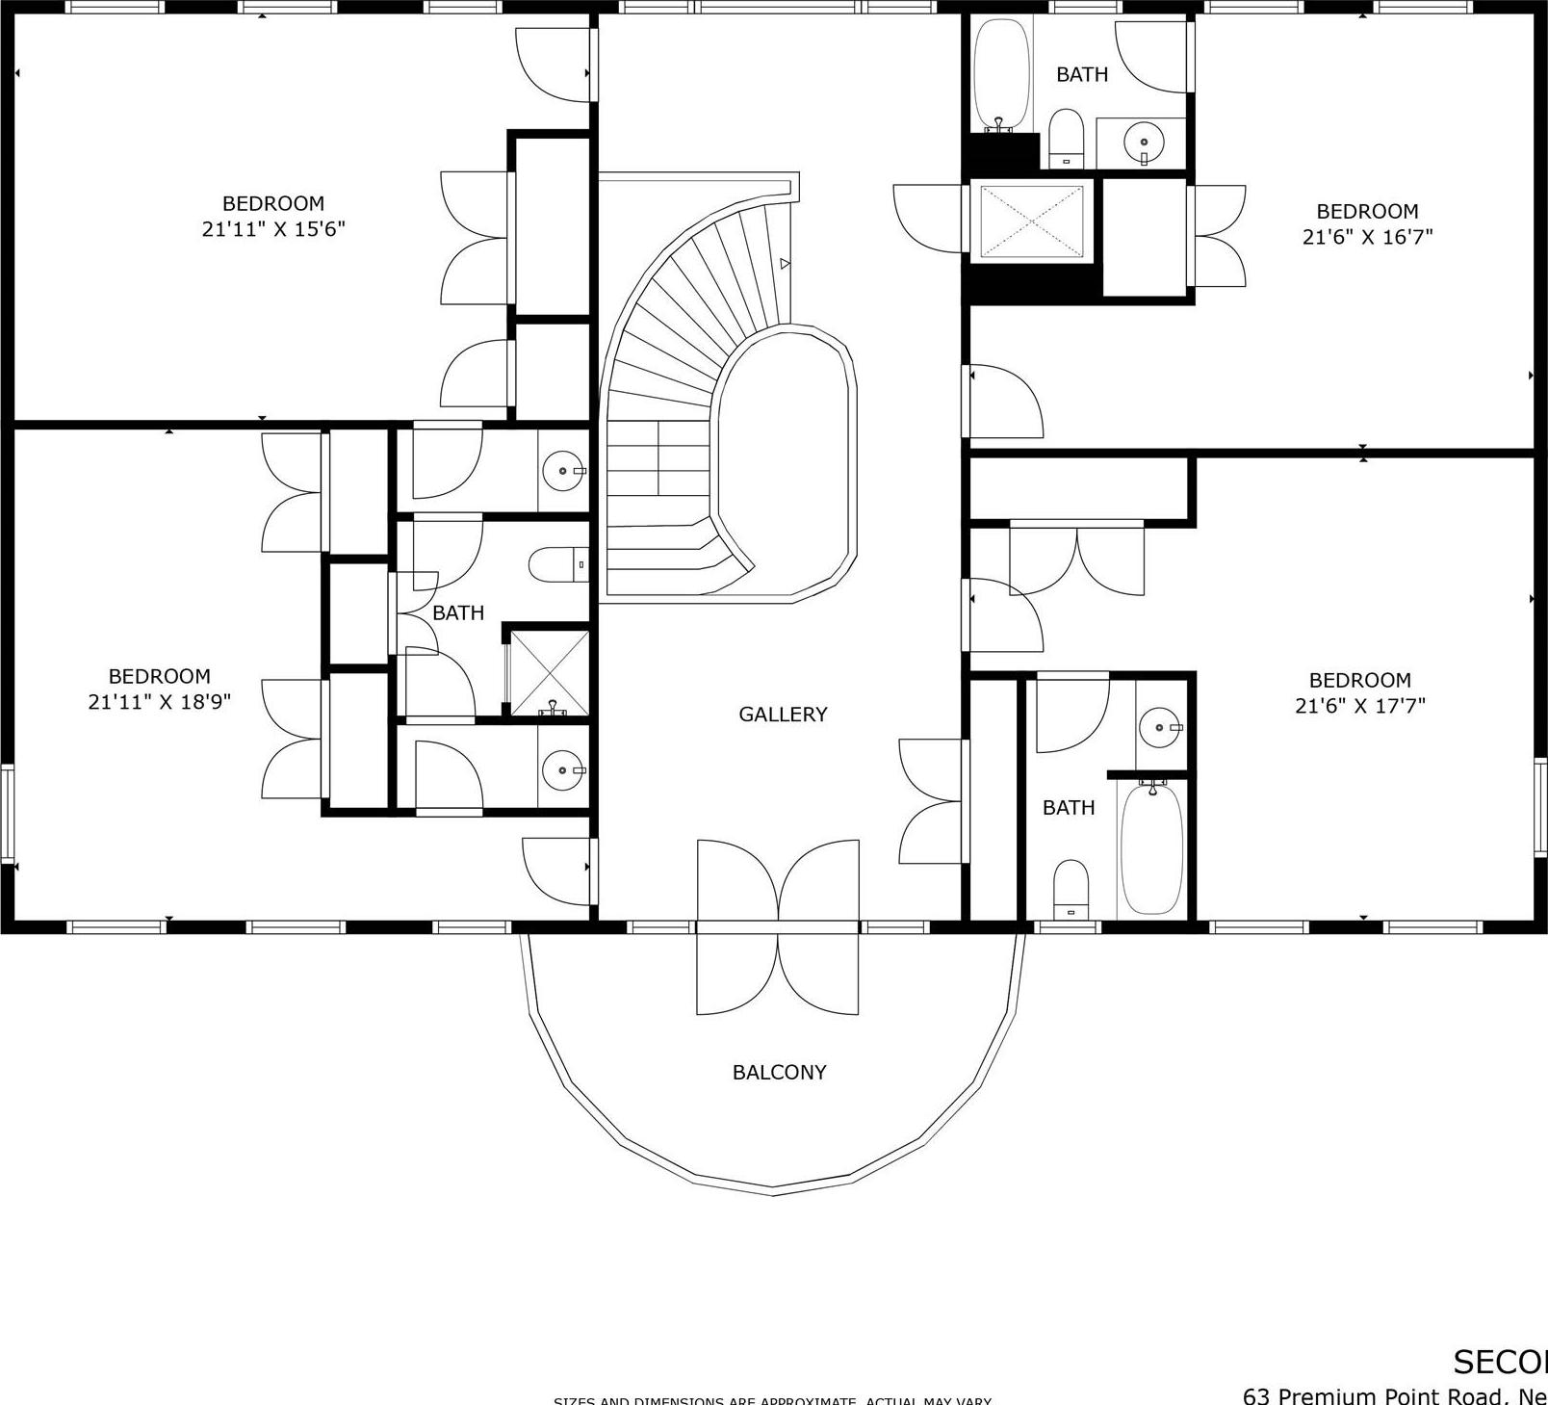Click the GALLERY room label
(783, 714)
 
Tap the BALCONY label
(779, 1072)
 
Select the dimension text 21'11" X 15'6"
(273, 229)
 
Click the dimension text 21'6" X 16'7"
(1367, 237)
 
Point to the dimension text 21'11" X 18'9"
(160, 702)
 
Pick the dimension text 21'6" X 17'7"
(1359, 706)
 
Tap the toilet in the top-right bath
(1066, 139)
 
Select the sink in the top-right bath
(1144, 143)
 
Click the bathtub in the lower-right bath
(1151, 847)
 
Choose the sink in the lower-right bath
(1159, 727)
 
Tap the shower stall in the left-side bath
(549, 673)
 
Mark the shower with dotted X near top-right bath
(1031, 222)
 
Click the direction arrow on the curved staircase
(786, 263)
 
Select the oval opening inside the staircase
(785, 462)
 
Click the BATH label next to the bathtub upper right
(1082, 74)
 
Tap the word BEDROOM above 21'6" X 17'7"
(1359, 680)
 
